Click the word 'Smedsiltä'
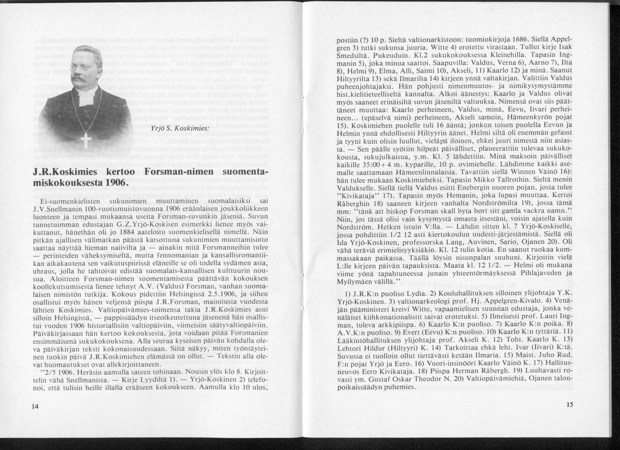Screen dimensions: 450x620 [352, 57]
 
